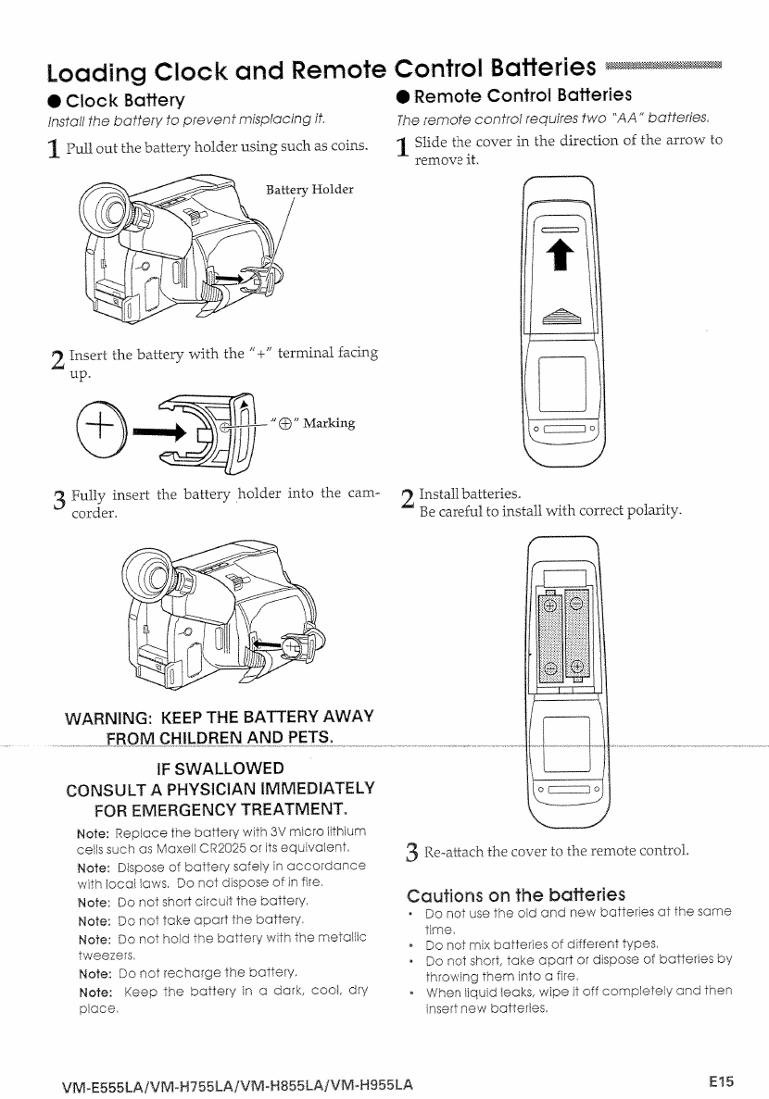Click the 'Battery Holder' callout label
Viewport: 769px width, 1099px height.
[309, 190]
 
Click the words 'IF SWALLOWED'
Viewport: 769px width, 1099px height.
[221, 768]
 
